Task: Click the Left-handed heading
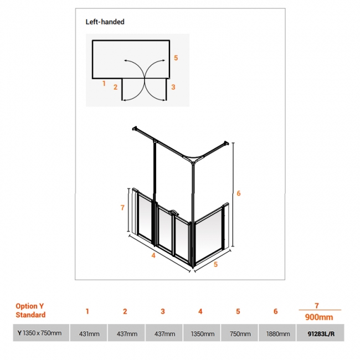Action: [105, 22]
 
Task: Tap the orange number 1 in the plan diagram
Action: [104, 84]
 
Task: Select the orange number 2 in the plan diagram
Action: [116, 87]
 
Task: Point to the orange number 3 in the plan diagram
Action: [173, 87]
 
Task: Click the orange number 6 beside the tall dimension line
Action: [239, 193]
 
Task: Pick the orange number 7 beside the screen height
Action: [122, 208]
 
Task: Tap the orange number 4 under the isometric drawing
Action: [153, 255]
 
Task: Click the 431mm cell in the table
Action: [89, 333]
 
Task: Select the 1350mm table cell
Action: [203, 333]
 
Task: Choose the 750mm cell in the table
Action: [240, 333]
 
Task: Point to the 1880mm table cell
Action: [278, 333]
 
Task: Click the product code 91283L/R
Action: [321, 333]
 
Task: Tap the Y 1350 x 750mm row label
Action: [39, 333]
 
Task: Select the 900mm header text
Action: [319, 317]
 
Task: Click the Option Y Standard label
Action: [30, 310]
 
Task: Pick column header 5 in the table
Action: [238, 311]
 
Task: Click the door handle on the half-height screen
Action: [173, 212]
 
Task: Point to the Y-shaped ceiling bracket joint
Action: [193, 159]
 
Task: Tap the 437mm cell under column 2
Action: [127, 333]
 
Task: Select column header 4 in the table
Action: [200, 311]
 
